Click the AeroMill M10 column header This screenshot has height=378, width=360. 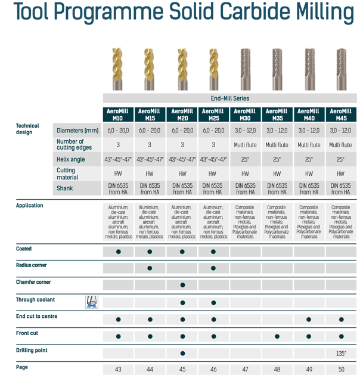(118, 114)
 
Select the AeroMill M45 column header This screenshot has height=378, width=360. (340, 114)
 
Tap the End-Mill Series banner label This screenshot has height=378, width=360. (230, 98)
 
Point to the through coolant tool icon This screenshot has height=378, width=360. (91, 302)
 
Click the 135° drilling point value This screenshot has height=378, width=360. (340, 353)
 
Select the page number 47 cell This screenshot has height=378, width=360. (245, 369)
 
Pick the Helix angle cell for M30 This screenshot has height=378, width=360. (245, 159)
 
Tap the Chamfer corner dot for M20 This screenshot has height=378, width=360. (182, 285)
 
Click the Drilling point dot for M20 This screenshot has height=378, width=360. (182, 353)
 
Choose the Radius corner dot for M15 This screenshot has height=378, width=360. (150, 268)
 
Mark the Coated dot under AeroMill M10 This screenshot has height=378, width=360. (118, 252)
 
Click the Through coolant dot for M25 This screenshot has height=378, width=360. (213, 302)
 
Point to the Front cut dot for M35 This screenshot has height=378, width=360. (277, 336)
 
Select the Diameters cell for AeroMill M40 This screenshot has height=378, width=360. (309, 130)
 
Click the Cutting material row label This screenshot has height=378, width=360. (67, 173)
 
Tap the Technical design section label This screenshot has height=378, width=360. (27, 129)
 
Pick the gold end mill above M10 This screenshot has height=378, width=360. (118, 69)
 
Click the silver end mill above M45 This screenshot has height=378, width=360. (340, 69)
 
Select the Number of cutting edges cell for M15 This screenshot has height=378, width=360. (150, 144)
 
